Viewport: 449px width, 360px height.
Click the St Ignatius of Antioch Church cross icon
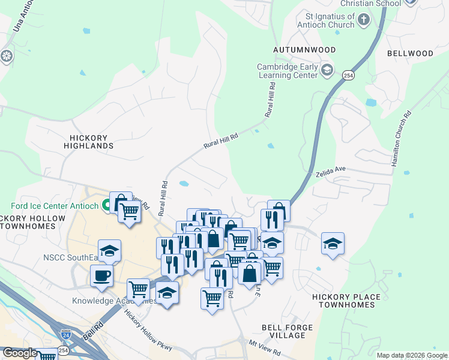tap(363, 20)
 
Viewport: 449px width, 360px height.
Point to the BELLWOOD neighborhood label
tap(409, 53)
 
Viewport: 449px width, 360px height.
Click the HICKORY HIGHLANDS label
tap(88, 142)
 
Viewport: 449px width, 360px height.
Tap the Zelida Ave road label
tap(331, 173)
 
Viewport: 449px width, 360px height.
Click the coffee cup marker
tap(101, 276)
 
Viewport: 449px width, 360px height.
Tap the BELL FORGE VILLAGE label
tap(287, 331)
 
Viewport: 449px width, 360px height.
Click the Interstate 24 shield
tap(64, 333)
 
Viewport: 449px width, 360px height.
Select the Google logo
tap(20, 353)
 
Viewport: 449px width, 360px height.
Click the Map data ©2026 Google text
tap(411, 355)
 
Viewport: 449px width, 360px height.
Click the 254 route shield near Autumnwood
tap(348, 76)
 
